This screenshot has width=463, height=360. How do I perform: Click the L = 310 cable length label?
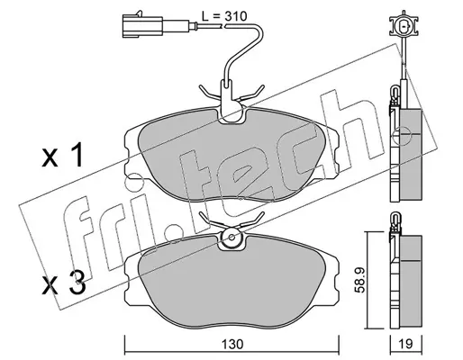tap(224, 16)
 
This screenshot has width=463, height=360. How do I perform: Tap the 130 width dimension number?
tap(232, 344)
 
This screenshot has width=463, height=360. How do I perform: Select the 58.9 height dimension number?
tap(359, 280)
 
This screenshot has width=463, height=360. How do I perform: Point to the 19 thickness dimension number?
tap(406, 344)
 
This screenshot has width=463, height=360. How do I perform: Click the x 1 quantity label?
tap(62, 157)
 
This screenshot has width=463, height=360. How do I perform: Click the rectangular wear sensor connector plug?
tap(142, 26)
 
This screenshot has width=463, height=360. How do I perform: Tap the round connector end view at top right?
tap(404, 26)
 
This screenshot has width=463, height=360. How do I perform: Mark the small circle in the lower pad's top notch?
tap(231, 237)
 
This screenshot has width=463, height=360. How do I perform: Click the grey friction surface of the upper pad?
tap(231, 156)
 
